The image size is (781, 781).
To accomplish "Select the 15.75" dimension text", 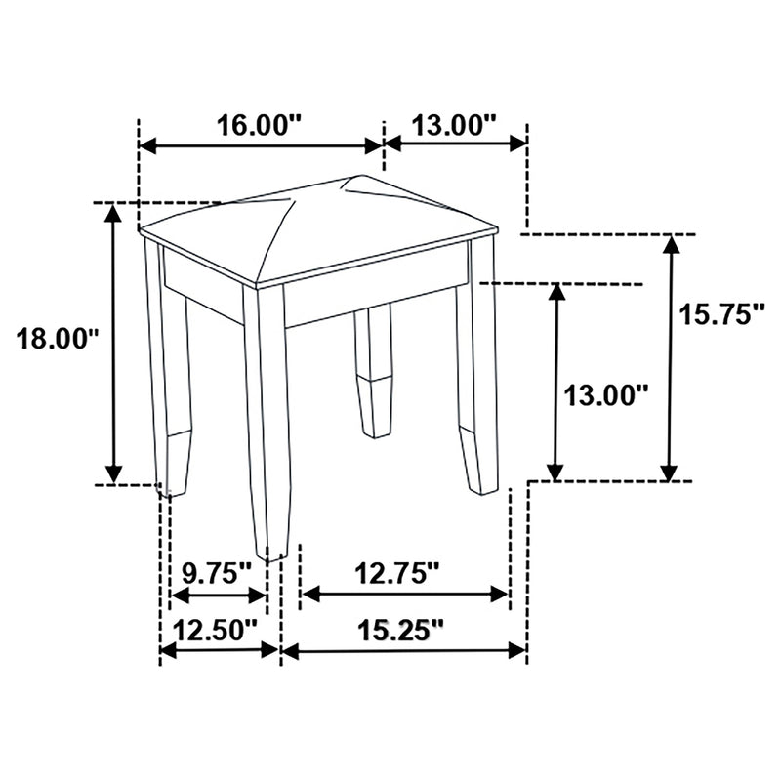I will pyautogui.click(x=721, y=314).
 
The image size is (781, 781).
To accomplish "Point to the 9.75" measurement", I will pyautogui.click(x=218, y=573).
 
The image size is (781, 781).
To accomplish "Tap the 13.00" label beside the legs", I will pyautogui.click(x=605, y=394).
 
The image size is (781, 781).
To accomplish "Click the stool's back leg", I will pyautogui.click(x=373, y=371).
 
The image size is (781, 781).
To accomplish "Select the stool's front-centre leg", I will pyautogui.click(x=267, y=420).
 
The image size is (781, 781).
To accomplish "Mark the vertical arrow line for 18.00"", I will pyautogui.click(x=114, y=342).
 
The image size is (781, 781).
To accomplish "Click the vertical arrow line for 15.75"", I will pyautogui.click(x=670, y=357).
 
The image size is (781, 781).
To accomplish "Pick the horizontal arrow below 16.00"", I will pyautogui.click(x=260, y=145).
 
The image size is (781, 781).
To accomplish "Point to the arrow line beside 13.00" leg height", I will pyautogui.click(x=555, y=381).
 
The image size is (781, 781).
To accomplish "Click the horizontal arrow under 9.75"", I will pyautogui.click(x=218, y=595).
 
